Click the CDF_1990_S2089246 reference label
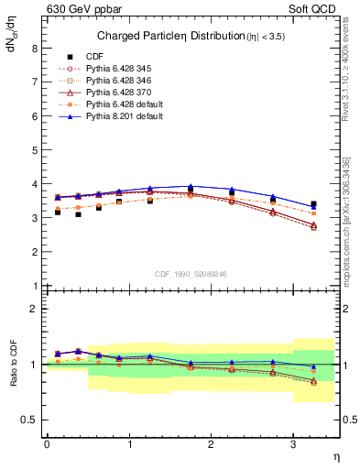(190, 274)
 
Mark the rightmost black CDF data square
(313, 204)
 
